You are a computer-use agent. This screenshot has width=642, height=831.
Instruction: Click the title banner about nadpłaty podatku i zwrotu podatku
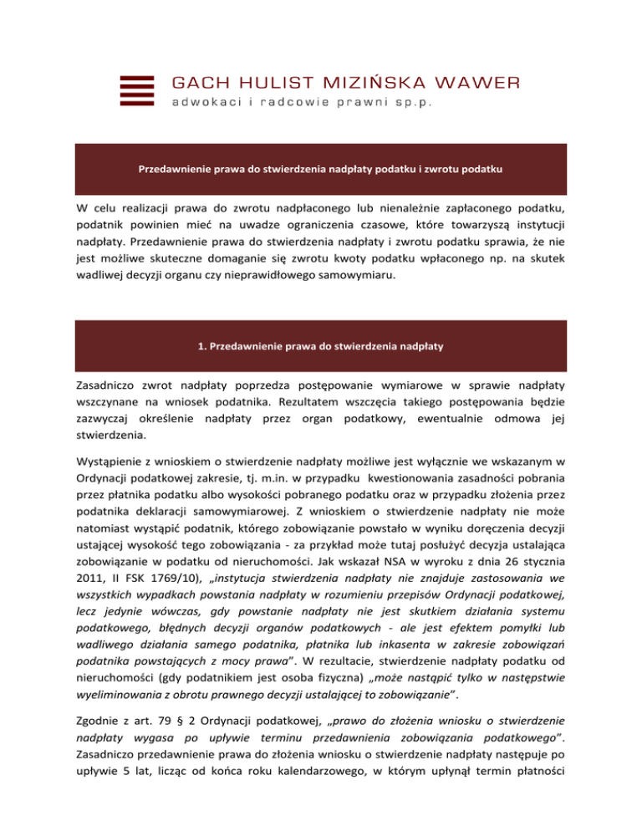coord(320,169)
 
